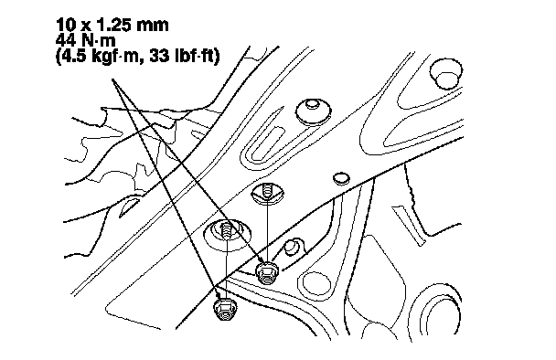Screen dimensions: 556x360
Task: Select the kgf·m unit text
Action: tap(115, 57)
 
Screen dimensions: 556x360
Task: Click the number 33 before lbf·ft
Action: tap(159, 56)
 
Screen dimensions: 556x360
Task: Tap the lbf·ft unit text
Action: tap(194, 56)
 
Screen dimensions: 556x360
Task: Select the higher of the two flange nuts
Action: tap(267, 273)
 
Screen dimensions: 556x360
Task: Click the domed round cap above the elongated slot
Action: tap(313, 111)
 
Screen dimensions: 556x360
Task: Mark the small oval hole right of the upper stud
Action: tap(341, 178)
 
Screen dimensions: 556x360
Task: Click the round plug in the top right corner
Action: tap(445, 74)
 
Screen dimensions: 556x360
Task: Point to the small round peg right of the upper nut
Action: tap(291, 247)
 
